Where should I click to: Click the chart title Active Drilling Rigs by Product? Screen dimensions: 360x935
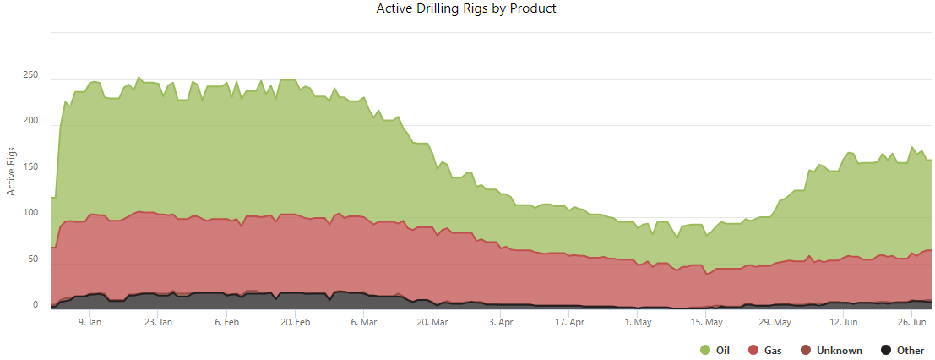466,8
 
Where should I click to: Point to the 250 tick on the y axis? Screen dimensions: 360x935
30,75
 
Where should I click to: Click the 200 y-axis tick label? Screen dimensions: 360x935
30,121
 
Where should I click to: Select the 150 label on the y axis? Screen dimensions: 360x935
30,167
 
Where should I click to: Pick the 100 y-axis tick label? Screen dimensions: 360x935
30,213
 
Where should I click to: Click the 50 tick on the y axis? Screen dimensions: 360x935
33,259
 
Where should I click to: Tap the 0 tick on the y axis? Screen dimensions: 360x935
35,305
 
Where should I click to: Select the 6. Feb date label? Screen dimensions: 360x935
227,322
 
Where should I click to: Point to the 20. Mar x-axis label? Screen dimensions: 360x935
432,322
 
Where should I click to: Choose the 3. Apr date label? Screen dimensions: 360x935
502,322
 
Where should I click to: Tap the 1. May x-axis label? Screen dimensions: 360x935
638,322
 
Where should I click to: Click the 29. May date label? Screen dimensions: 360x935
775,322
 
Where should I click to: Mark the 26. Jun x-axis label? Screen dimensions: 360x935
912,322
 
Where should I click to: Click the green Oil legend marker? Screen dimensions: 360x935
704,351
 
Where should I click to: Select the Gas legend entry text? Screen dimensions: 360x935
772,351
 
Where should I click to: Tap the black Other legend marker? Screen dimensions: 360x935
886,351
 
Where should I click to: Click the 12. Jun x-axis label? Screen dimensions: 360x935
844,322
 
